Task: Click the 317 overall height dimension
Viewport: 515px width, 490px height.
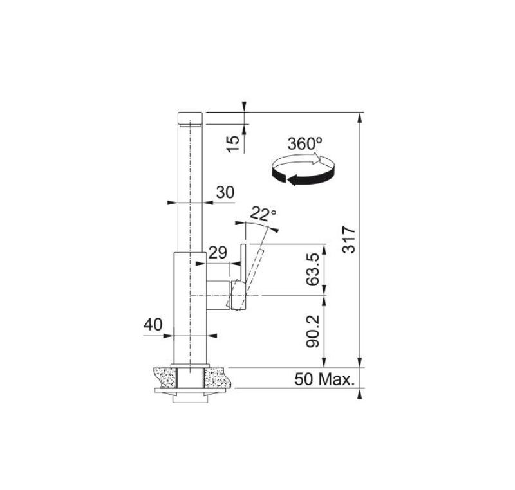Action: click(348, 239)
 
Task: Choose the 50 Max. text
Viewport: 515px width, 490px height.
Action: click(324, 379)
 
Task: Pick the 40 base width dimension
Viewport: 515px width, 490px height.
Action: click(153, 325)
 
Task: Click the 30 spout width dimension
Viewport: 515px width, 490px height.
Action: click(225, 192)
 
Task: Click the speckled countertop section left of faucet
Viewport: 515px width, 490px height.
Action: click(164, 376)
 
